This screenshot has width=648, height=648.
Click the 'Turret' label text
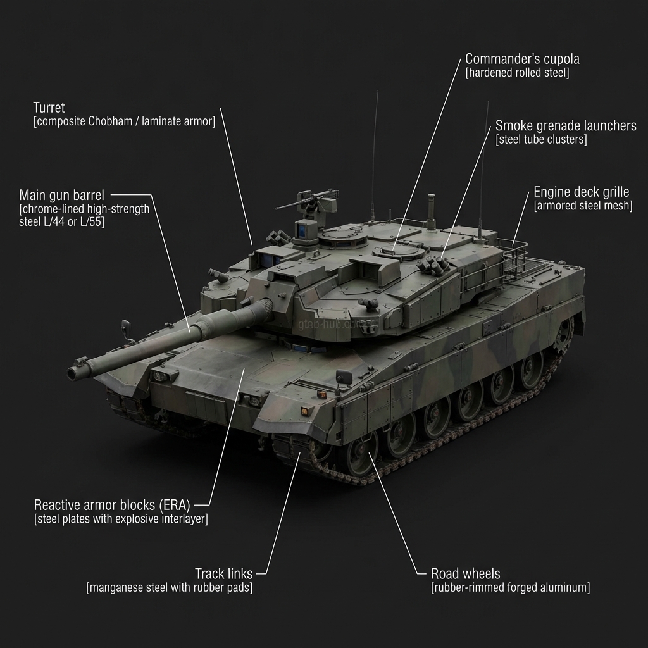click(49, 108)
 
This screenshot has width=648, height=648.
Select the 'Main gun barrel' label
click(61, 194)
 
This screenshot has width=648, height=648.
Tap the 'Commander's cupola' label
click(522, 59)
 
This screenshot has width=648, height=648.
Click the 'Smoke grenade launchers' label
click(565, 125)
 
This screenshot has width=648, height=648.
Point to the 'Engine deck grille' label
click(581, 192)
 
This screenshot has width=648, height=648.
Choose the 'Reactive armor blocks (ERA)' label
click(112, 505)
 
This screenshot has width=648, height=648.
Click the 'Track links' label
click(223, 574)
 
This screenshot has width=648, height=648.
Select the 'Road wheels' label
click(465, 574)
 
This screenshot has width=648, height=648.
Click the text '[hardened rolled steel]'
click(517, 73)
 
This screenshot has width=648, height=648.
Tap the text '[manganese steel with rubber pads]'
click(169, 588)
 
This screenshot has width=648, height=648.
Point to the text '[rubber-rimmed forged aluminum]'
click(510, 588)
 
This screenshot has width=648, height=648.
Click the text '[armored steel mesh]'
click(583, 206)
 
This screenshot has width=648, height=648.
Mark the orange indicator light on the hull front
click(308, 411)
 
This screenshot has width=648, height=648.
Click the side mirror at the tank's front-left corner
click(125, 328)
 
